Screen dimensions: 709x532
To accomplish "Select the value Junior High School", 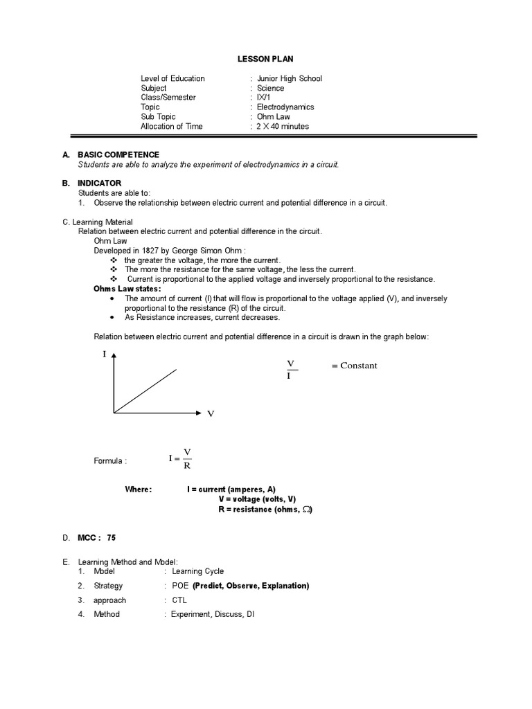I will point(289,79).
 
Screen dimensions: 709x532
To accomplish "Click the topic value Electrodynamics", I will point(285,107).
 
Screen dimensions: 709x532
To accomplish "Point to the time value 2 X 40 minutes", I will point(283,127).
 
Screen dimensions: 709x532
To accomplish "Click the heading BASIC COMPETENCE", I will point(118,155).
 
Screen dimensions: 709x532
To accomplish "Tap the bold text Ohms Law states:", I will point(127,289).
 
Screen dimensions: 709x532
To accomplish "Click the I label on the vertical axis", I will point(105,354).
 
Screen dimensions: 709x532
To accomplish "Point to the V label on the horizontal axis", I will point(211,413).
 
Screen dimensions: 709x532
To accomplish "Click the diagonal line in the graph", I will point(145,391).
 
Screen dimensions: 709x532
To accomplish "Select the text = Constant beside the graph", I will point(354,366).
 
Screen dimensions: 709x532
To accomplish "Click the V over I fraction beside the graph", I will point(290,370).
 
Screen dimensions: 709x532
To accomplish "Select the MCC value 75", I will point(112,537).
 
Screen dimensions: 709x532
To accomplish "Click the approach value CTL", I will point(179,600).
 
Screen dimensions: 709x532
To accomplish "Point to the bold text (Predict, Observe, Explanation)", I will point(251,586).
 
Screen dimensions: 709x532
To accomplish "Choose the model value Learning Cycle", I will point(197,571).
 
